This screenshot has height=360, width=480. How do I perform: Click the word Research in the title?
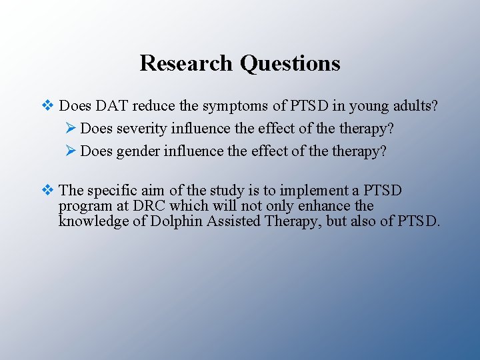point(186,63)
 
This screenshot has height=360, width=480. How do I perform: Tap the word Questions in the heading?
point(290,63)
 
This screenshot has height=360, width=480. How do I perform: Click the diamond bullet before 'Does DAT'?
point(47,105)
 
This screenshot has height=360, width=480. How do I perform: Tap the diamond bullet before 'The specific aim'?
point(47,191)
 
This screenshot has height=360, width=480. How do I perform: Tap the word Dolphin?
point(178,221)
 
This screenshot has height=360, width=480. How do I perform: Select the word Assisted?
point(233,221)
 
